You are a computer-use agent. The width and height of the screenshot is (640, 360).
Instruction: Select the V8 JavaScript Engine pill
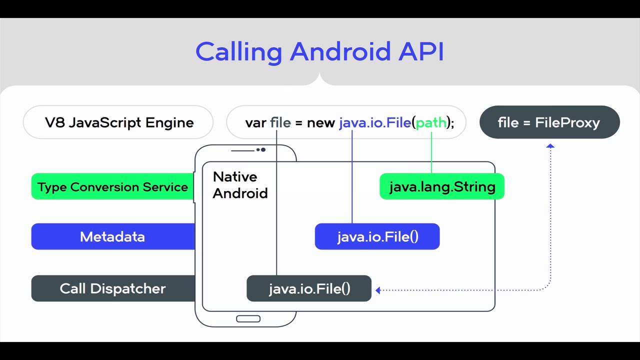(x=118, y=122)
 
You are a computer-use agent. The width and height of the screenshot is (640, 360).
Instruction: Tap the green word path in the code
(x=431, y=122)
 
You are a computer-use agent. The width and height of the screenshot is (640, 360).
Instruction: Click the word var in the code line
(x=255, y=122)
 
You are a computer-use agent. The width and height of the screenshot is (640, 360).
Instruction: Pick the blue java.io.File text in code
(x=374, y=122)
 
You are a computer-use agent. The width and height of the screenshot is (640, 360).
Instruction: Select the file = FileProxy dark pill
(x=549, y=122)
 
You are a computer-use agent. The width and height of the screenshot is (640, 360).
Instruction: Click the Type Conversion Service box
(x=112, y=187)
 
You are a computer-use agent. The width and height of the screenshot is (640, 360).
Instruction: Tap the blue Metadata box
(x=112, y=236)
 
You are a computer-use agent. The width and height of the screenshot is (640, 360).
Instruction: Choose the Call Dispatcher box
(x=112, y=288)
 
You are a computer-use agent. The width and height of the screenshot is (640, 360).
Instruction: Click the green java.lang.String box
(x=442, y=187)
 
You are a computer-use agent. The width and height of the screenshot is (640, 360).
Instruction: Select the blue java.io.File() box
(x=377, y=236)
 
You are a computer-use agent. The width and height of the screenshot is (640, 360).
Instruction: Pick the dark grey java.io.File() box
(x=309, y=288)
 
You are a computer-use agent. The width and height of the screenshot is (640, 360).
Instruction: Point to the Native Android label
(x=240, y=185)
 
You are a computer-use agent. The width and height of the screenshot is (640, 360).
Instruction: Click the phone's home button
(x=248, y=319)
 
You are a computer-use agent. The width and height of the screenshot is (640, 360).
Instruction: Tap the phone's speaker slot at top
(x=242, y=150)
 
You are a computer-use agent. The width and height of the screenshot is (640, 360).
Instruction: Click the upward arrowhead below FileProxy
(x=550, y=146)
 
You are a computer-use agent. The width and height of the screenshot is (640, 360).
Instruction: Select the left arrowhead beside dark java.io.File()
(x=378, y=289)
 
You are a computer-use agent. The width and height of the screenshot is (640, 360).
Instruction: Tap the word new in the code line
(x=320, y=122)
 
